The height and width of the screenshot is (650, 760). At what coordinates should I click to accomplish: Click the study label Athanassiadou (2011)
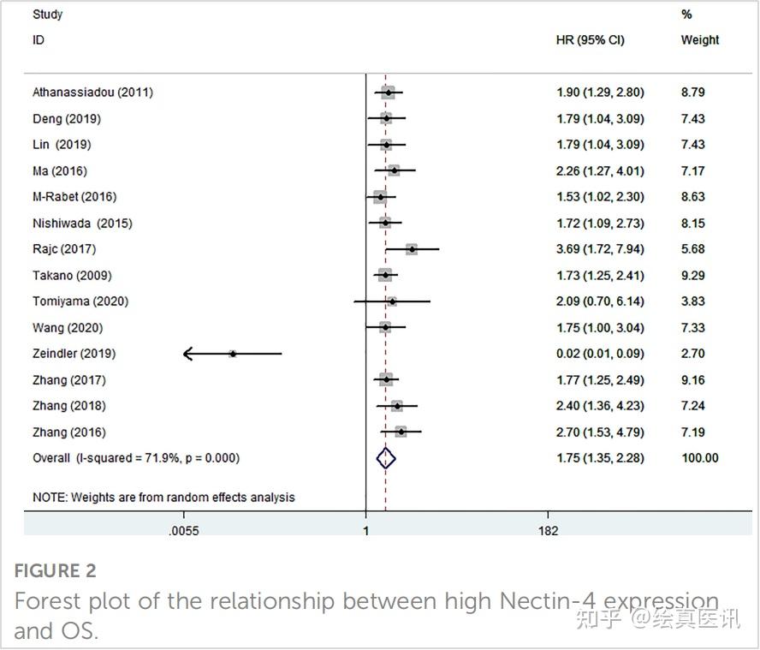pyautogui.click(x=92, y=92)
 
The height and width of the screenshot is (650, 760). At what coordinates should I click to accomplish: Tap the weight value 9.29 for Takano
pyautogui.click(x=692, y=276)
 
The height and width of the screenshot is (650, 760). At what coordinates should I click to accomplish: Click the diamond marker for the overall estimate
pyautogui.click(x=386, y=458)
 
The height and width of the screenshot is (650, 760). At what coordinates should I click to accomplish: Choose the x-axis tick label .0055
pyautogui.click(x=184, y=531)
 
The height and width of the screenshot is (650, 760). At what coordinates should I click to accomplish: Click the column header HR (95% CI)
pyautogui.click(x=590, y=40)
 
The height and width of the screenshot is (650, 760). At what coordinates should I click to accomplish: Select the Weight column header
pyautogui.click(x=699, y=40)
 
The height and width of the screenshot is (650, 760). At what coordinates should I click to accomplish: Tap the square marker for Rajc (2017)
pyautogui.click(x=412, y=249)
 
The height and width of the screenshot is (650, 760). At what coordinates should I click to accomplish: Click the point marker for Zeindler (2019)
pyautogui.click(x=233, y=354)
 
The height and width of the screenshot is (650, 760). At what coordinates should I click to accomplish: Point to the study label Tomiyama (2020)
pyautogui.click(x=80, y=301)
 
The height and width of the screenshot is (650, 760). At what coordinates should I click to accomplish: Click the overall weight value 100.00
pyautogui.click(x=699, y=458)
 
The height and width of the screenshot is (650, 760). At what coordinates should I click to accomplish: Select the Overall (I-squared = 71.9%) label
pyautogui.click(x=136, y=458)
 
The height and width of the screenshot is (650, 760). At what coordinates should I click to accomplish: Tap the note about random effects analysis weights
pyautogui.click(x=163, y=498)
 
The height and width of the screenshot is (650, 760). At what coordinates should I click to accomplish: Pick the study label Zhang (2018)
pyautogui.click(x=69, y=406)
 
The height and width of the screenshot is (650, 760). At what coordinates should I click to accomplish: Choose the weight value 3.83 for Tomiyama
pyautogui.click(x=692, y=301)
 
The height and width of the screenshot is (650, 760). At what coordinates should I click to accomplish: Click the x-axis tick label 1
pyautogui.click(x=366, y=531)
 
